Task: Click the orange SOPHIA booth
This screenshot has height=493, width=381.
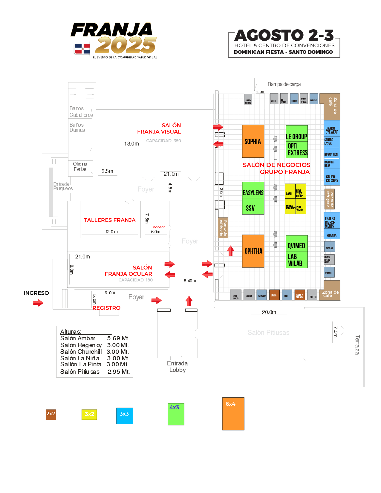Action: [253, 141]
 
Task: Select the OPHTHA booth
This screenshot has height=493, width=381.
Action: [253, 251]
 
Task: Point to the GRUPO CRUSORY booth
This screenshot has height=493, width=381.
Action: [332, 178]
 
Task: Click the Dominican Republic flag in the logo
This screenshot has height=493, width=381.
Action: [82, 49]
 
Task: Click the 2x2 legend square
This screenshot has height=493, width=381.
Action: [51, 414]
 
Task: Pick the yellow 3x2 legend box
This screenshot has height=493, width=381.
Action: [89, 414]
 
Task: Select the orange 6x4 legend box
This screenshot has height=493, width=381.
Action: [233, 414]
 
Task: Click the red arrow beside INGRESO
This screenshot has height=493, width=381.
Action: [38, 303]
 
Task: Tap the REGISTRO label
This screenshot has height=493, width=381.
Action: [106, 308]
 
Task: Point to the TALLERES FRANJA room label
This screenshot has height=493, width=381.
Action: [110, 220]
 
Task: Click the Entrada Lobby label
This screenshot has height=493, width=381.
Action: [178, 367]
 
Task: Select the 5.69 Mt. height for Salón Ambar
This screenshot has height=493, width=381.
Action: [118, 339]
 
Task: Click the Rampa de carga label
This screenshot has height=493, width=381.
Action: [284, 84]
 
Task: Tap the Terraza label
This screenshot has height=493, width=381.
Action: [357, 345]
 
